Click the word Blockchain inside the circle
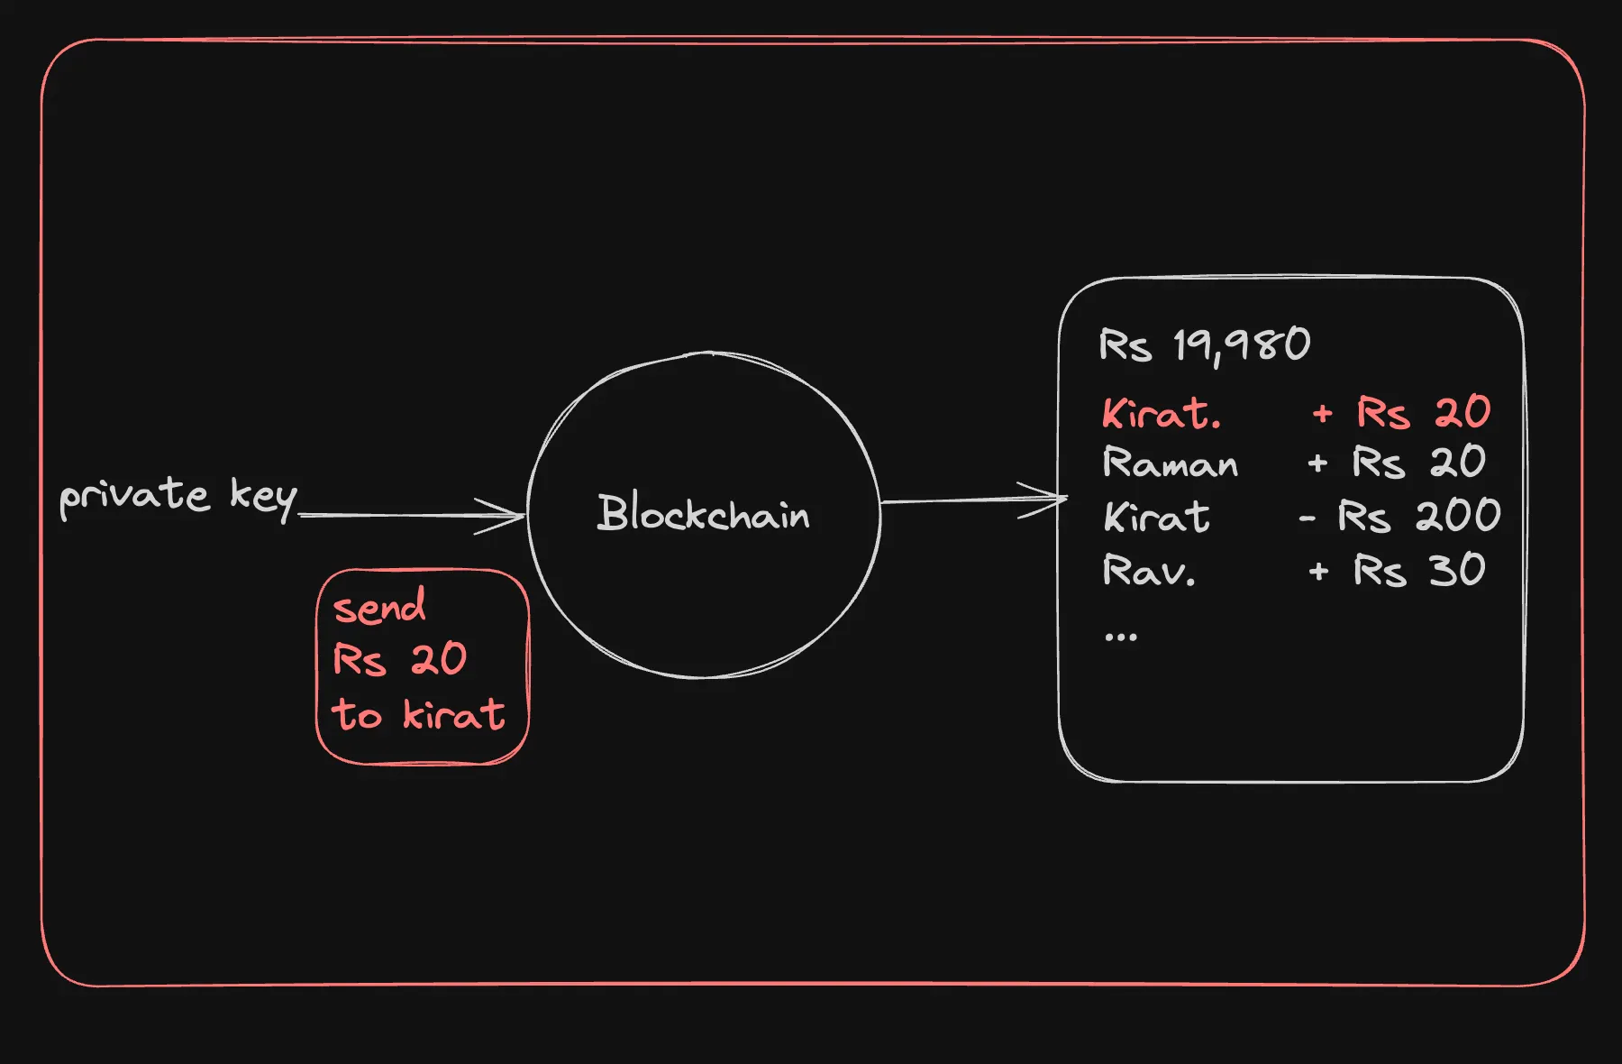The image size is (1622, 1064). (x=703, y=513)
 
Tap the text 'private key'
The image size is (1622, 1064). (x=178, y=497)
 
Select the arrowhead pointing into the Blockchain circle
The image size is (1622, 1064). (x=510, y=516)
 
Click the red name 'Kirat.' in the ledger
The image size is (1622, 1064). (x=1162, y=414)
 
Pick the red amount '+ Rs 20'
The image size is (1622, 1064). (x=1402, y=413)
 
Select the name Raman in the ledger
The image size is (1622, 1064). (x=1171, y=463)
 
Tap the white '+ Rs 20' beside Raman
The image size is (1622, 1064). (x=1397, y=463)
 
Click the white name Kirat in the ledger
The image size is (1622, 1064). (x=1157, y=518)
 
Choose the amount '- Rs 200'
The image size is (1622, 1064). (x=1399, y=517)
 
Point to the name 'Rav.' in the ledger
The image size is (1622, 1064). (x=1149, y=571)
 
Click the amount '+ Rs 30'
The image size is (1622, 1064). (x=1397, y=571)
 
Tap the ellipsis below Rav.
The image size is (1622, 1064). (x=1121, y=637)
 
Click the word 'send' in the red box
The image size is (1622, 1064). (x=379, y=607)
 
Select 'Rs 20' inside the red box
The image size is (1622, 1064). (x=400, y=659)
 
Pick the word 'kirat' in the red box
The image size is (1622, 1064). (x=453, y=714)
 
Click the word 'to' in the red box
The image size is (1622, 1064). (x=357, y=714)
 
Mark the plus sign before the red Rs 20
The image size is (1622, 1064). (x=1322, y=414)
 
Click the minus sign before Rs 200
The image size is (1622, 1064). (x=1308, y=518)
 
